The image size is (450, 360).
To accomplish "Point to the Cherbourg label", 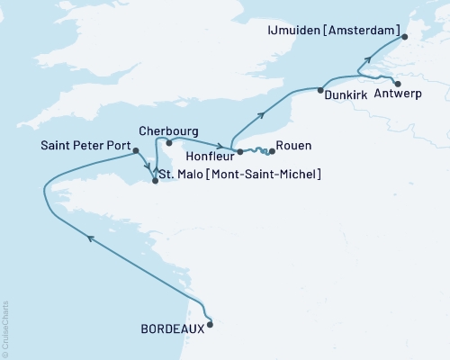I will click(169, 130).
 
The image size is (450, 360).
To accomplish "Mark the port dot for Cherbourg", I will click(167, 142).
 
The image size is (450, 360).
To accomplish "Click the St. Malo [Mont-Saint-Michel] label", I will click(238, 173).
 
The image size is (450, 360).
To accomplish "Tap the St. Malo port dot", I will click(156, 181).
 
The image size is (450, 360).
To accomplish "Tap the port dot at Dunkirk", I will click(320, 89).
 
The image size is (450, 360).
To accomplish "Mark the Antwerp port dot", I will click(397, 84).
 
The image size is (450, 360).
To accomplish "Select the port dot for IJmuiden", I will click(404, 37).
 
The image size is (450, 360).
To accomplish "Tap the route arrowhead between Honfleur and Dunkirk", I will click(261, 114).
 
